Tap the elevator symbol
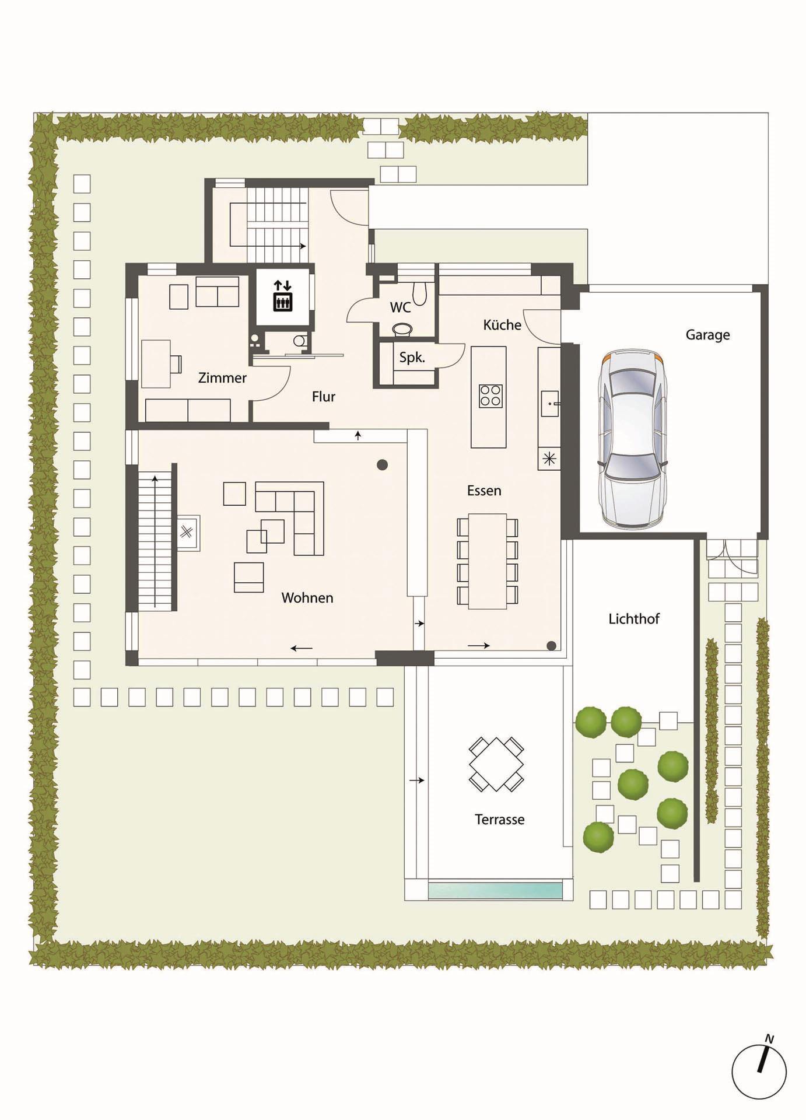tap(282, 296)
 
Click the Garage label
tap(707, 335)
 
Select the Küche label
tap(502, 325)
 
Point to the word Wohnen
tap(307, 598)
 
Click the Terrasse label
tap(500, 820)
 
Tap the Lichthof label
tap(634, 619)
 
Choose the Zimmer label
tap(222, 378)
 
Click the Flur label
tap(324, 397)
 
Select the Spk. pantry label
tap(412, 358)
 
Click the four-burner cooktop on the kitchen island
tap(491, 395)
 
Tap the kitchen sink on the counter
tap(549, 404)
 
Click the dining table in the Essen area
tap(488, 561)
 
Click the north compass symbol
tap(759, 1072)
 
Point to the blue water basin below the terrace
tap(495, 891)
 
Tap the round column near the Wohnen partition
tap(382, 465)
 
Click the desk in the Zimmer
tap(156, 363)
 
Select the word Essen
tap(484, 491)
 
